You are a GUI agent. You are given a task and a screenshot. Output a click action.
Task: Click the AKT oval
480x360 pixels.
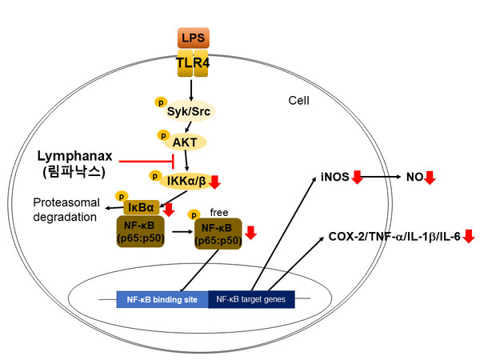pos(190,141)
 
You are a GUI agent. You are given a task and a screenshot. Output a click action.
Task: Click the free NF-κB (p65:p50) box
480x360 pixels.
pos(218,234)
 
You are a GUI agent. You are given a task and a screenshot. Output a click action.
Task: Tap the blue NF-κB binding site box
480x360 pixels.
pos(162,300)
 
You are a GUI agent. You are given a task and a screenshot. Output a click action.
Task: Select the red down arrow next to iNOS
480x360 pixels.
pos(357,177)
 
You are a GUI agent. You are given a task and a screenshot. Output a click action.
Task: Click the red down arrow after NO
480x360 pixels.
pos(430,177)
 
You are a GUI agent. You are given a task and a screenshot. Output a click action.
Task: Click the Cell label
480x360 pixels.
pos(300,102)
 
